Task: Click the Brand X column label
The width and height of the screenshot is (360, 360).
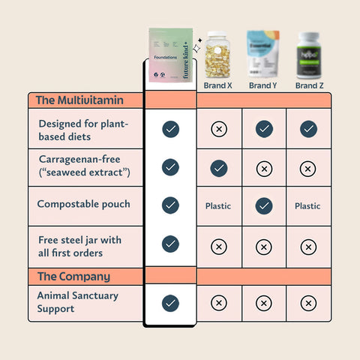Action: (219, 85)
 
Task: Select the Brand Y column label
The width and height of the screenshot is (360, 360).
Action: (263, 85)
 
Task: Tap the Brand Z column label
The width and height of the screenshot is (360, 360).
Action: (307, 85)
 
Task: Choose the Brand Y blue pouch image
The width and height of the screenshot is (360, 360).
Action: (263, 53)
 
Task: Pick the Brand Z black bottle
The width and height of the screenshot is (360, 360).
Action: (307, 54)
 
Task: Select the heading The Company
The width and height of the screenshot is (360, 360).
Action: (73, 276)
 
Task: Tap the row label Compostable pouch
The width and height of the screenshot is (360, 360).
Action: (83, 204)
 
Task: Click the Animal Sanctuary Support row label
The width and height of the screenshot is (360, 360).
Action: (77, 302)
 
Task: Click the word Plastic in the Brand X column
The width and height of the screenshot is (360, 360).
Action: (219, 205)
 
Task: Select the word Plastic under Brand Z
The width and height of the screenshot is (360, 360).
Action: (307, 205)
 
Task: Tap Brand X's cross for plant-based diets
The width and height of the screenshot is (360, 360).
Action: (219, 130)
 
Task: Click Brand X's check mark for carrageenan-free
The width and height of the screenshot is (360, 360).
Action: (219, 169)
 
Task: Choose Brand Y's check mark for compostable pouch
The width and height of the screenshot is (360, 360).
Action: (263, 205)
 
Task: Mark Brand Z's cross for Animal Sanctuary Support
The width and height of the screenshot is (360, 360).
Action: (307, 303)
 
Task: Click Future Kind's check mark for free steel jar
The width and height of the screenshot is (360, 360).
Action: (170, 244)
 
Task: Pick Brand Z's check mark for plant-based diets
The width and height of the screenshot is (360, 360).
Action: (307, 130)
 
